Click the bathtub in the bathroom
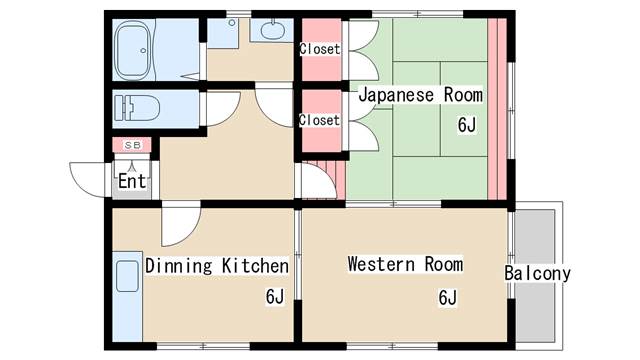[x=133, y=51]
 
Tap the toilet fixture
[x=137, y=108]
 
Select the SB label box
[x=132, y=145]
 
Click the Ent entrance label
[x=132, y=181]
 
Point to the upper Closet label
[x=320, y=49]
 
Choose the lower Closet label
[x=319, y=120]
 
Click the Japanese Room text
[x=421, y=95]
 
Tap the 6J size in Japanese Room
[x=467, y=125]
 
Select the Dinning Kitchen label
[x=217, y=266]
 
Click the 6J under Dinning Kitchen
[x=275, y=296]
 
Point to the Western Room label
[x=406, y=264]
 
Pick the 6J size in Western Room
[x=448, y=297]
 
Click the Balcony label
[x=537, y=273]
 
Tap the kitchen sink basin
[x=127, y=276]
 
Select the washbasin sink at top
[x=272, y=31]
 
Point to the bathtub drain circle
[x=143, y=51]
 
